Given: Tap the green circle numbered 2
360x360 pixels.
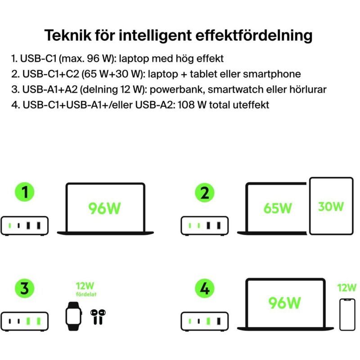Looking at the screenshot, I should tap(205, 193).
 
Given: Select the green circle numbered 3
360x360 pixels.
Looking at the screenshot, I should tap(25, 288).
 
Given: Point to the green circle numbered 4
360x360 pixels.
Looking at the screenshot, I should tap(205, 288).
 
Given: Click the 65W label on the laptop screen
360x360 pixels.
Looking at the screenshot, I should tap(278, 208).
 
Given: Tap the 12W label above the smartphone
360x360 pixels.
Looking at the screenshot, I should tap(346, 287).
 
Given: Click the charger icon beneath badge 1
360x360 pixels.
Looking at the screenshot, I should tap(25, 225).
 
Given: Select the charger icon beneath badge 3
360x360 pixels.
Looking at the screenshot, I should tap(25, 321).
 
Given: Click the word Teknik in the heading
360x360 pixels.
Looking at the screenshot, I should tap(66, 35).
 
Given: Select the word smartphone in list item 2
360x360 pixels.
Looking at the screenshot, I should tap(274, 74).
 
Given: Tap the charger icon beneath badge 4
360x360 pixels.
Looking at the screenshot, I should tap(205, 321).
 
